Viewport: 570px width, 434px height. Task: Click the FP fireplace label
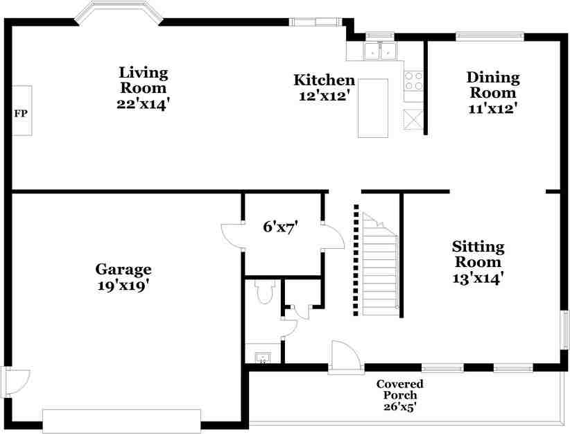(x=21, y=114)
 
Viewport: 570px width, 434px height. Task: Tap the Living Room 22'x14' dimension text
(x=144, y=104)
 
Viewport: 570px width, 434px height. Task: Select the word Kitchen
(x=324, y=80)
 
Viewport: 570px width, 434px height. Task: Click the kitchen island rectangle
(x=373, y=108)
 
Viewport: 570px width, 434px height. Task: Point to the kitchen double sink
(x=380, y=51)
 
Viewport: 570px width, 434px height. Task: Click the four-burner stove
(x=414, y=81)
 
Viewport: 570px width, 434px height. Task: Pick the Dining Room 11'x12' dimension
(x=492, y=108)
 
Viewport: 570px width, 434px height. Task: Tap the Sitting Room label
(x=478, y=254)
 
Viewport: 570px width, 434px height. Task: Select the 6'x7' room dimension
(x=281, y=227)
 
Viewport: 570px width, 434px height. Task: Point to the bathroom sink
(x=262, y=358)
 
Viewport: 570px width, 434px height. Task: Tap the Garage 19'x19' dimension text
(x=123, y=286)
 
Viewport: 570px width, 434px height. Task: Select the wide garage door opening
(x=122, y=422)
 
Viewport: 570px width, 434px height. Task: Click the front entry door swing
(x=345, y=357)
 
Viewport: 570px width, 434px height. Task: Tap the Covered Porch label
(x=400, y=390)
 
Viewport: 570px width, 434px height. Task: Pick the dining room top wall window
(x=490, y=36)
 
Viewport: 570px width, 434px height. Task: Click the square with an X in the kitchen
(x=413, y=119)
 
